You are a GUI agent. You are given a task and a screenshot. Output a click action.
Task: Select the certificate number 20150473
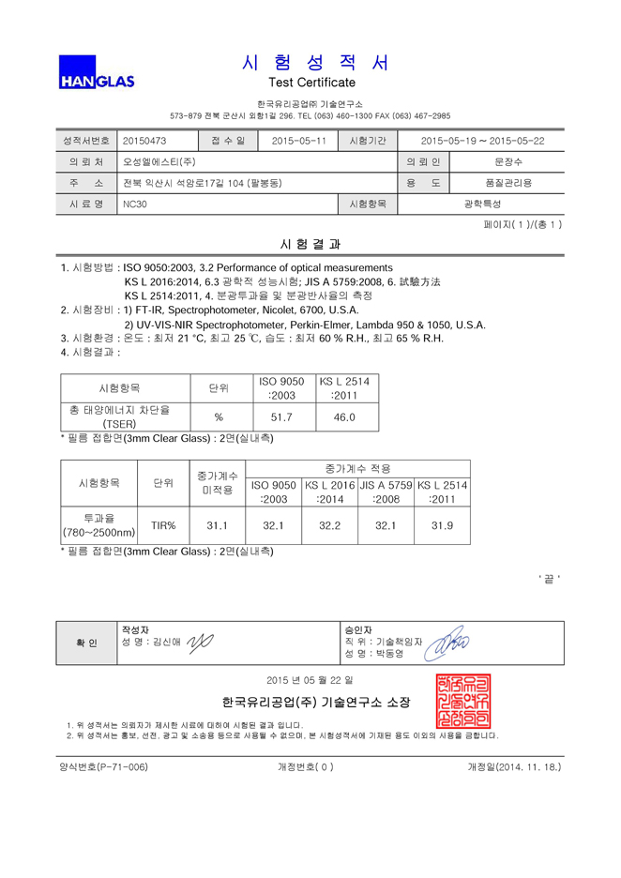click(x=144, y=141)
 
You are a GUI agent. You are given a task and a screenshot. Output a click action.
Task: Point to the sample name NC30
click(x=134, y=203)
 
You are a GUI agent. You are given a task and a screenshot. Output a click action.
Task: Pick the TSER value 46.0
click(x=344, y=416)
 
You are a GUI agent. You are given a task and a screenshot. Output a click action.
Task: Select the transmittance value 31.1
click(x=218, y=525)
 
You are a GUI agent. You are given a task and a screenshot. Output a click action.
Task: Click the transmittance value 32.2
click(x=329, y=525)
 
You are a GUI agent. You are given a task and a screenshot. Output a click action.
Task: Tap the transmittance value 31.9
click(x=442, y=525)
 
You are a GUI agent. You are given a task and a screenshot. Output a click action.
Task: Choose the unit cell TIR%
click(x=163, y=525)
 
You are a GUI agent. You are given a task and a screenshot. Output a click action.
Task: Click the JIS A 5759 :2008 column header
click(x=386, y=492)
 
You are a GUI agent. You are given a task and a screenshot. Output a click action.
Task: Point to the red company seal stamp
click(x=462, y=699)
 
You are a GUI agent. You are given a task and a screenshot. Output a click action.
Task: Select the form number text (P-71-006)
click(x=103, y=766)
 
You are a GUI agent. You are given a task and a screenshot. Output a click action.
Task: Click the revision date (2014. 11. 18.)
click(x=514, y=766)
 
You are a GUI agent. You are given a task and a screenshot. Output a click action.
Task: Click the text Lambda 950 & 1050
click(x=438, y=325)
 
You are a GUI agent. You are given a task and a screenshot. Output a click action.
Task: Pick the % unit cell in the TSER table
click(x=219, y=416)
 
